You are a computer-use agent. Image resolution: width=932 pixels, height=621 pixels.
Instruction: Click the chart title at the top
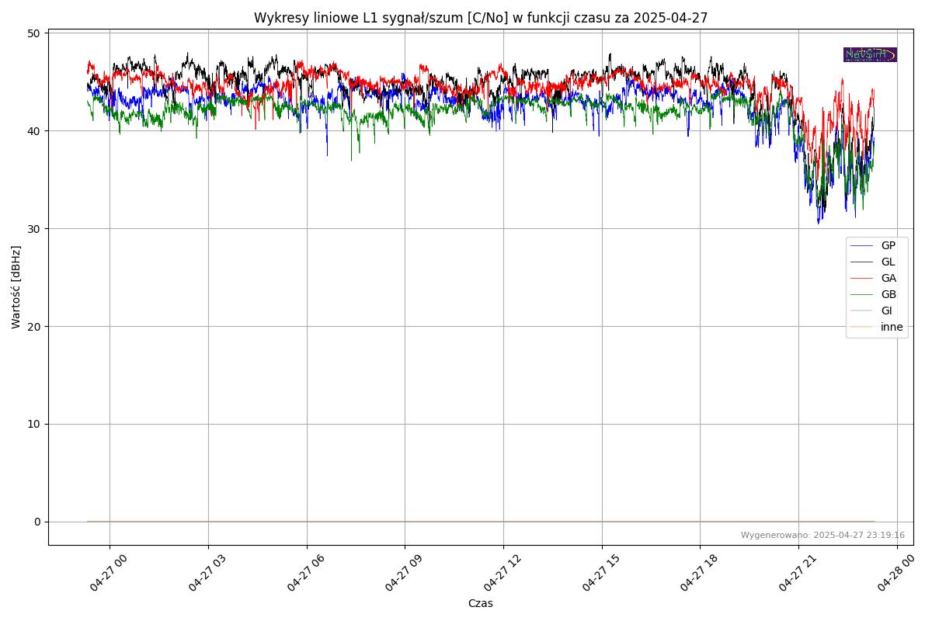(x=481, y=18)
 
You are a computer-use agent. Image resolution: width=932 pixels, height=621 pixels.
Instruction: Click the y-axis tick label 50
(x=33, y=33)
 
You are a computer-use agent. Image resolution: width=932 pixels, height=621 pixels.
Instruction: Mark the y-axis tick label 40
(x=33, y=131)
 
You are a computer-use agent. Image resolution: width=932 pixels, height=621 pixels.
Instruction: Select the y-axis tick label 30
(x=33, y=229)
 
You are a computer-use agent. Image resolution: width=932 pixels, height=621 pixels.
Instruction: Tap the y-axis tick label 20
(x=33, y=327)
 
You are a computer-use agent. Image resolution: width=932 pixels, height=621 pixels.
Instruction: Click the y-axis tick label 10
(x=33, y=424)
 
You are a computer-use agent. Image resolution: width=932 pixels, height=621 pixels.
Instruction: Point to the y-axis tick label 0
(x=37, y=522)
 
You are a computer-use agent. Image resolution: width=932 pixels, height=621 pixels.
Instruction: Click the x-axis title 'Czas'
(x=480, y=603)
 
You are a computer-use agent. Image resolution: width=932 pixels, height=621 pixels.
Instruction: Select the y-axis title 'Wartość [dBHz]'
(x=16, y=287)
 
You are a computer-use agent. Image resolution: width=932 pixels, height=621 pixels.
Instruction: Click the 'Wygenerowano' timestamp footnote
(x=822, y=535)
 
